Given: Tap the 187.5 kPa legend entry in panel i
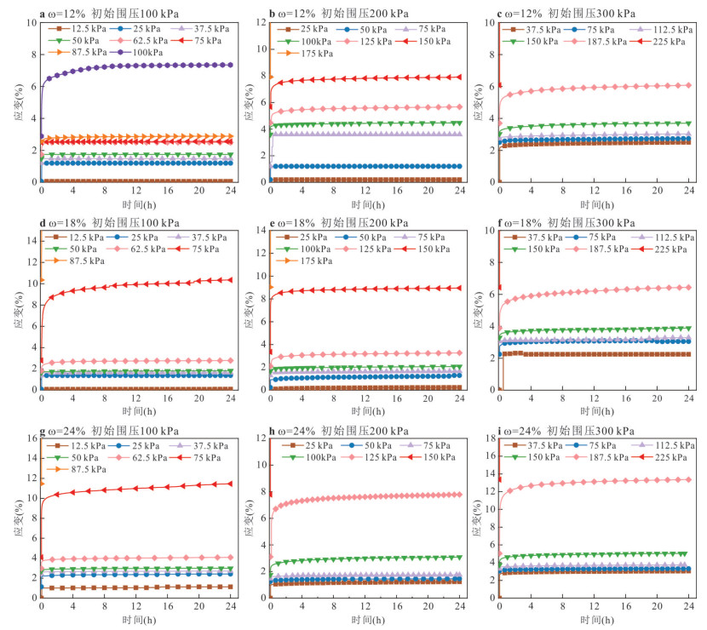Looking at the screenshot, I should click(592, 457).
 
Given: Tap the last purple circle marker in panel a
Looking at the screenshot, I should click(230, 65).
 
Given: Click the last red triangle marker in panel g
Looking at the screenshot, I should click(230, 484).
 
